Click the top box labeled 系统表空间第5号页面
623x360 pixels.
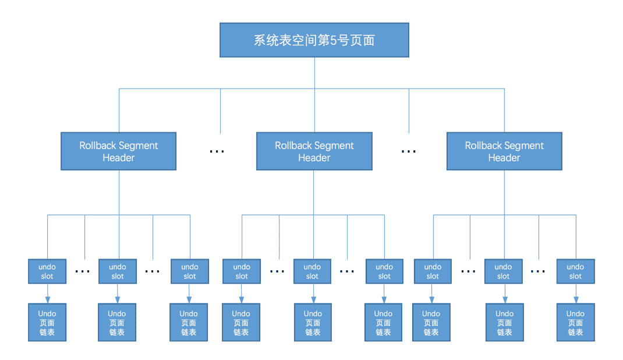point(314,40)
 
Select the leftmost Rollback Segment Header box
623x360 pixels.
point(118,151)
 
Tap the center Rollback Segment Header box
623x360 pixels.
point(314,151)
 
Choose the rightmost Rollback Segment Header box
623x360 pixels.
point(504,151)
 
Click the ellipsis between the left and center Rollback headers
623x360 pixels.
point(217,151)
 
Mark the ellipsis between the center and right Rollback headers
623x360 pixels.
point(409,151)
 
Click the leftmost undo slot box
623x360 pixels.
point(47,271)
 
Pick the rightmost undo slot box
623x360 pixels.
point(576,271)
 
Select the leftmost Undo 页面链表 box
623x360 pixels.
point(47,322)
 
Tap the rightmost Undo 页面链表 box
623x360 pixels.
point(576,322)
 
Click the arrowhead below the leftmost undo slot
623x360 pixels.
point(48,300)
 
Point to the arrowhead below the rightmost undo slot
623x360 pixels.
point(576,300)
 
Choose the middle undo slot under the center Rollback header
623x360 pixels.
point(312,271)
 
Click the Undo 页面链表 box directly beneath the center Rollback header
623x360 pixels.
point(313,322)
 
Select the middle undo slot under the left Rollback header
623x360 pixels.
point(118,271)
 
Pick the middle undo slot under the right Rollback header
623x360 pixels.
point(504,271)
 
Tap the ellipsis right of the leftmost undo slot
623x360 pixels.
point(82,271)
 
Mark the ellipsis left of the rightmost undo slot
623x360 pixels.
point(538,271)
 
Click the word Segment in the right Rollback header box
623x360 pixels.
point(524,146)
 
